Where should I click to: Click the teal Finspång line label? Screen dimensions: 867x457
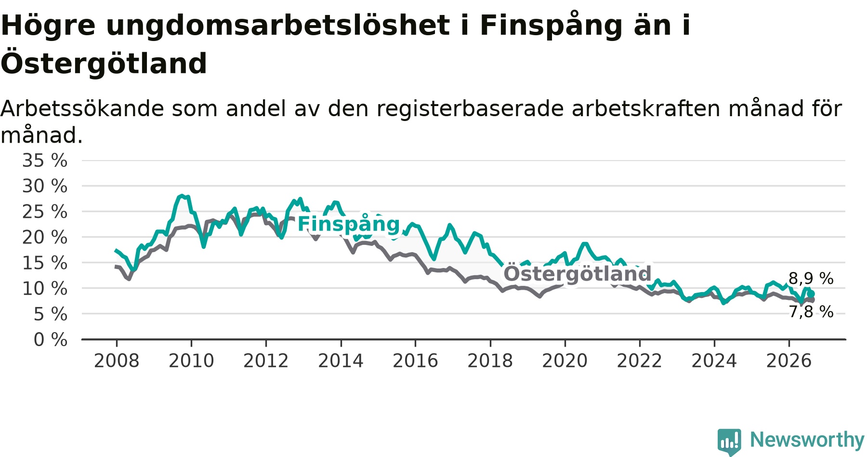coord(349,224)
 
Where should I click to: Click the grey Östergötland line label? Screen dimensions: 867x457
coord(578,274)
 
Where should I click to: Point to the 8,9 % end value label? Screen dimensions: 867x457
coord(811,279)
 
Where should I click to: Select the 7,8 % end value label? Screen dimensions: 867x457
coord(811,312)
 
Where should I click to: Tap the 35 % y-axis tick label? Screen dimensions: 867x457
coord(45,161)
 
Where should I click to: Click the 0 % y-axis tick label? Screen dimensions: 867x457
coord(51,340)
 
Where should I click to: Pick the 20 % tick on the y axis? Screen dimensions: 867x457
coord(45,237)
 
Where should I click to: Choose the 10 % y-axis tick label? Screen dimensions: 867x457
coord(45,289)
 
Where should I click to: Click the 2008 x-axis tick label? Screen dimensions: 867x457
coord(117,361)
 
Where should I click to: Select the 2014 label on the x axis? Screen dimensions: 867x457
coord(341,361)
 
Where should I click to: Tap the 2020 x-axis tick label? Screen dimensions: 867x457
coord(565,361)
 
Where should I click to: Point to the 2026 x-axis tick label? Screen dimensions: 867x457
coord(789,361)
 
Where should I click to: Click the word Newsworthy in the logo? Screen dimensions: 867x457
coord(807,440)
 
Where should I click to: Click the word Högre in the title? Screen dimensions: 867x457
coord(48,26)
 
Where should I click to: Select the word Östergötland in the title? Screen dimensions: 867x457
coord(104,63)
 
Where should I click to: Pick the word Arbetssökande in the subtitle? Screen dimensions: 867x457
coord(82,109)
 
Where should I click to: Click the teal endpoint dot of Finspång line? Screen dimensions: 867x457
coord(811,294)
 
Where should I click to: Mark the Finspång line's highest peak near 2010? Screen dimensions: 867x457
coord(182,196)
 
